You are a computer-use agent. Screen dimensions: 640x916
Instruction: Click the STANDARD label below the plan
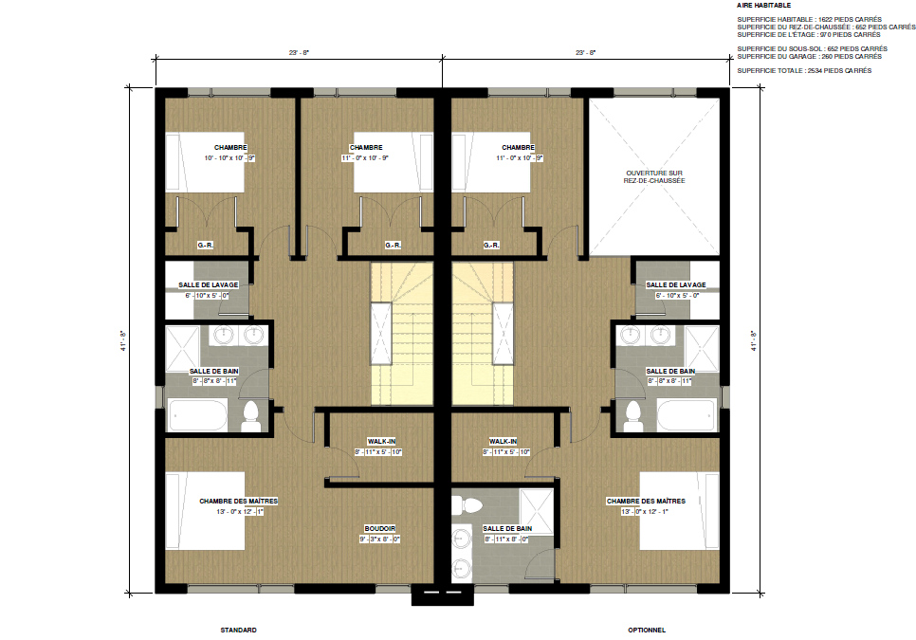(x=238, y=630)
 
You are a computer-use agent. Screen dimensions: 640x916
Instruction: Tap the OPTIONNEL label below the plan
(x=646, y=630)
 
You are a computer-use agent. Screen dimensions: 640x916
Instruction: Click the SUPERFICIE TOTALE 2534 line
(x=803, y=71)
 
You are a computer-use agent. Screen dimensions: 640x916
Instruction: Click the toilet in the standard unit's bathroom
(x=250, y=416)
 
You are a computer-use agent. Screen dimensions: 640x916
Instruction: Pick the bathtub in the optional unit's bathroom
(x=685, y=415)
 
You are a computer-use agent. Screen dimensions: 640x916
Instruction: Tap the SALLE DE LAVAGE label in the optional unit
(x=675, y=285)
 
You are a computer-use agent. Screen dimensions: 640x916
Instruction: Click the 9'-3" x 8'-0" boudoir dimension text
(x=379, y=539)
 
